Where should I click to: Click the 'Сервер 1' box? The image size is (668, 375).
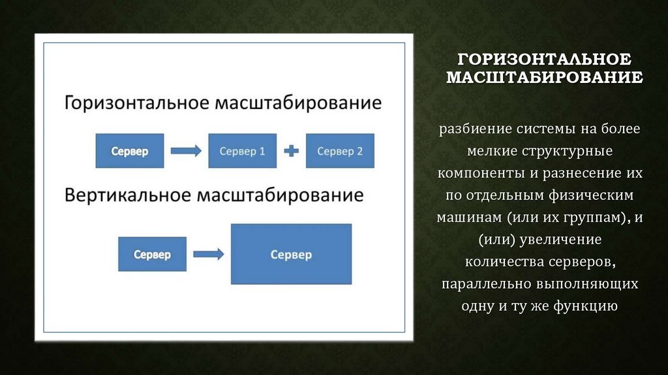[242, 152]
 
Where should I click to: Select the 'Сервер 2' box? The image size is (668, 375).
[340, 152]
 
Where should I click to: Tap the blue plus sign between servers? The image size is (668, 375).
[291, 152]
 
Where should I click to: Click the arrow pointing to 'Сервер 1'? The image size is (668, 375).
[186, 152]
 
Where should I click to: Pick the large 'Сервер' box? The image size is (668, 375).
[291, 254]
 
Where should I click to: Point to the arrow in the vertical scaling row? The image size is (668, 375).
[209, 254]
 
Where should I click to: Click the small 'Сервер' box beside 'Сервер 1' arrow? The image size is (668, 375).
[129, 152]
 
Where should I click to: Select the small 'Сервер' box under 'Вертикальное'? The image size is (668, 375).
[152, 254]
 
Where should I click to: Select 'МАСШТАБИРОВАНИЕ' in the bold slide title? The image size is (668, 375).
[544, 78]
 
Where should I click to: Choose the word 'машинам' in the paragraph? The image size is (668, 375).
[465, 217]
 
